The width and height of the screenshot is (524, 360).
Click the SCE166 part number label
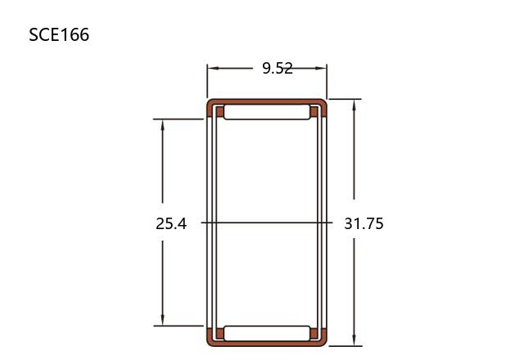pyautogui.click(x=59, y=34)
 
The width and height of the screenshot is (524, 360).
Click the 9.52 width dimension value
pyautogui.click(x=278, y=69)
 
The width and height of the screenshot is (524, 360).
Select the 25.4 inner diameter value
pyautogui.click(x=171, y=223)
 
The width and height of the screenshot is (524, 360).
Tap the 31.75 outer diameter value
pyautogui.click(x=364, y=223)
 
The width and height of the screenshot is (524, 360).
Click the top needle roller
pyautogui.click(x=267, y=112)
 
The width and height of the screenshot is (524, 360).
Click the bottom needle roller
pyautogui.click(x=267, y=333)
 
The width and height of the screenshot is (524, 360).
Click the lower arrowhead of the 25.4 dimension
pyautogui.click(x=163, y=320)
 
